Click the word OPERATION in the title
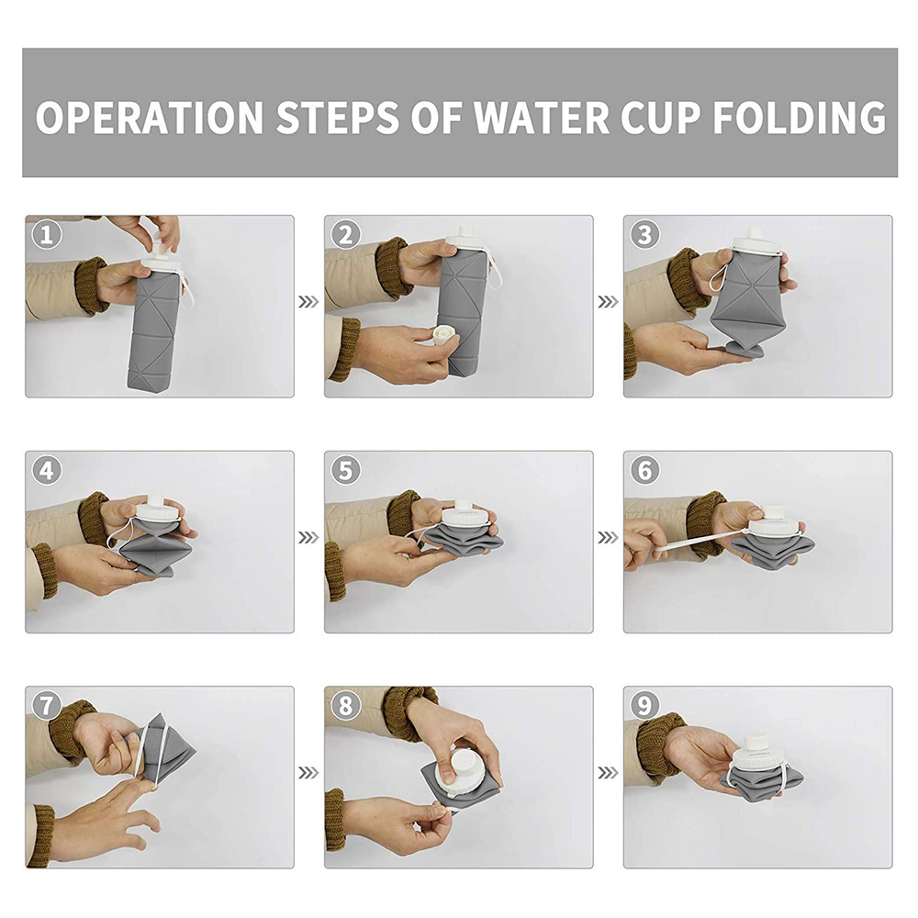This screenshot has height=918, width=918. [150, 118]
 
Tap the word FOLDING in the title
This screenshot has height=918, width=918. [800, 118]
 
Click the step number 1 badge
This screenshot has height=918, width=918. [46, 235]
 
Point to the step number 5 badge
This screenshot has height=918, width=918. [345, 470]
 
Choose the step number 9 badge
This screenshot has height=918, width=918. [644, 705]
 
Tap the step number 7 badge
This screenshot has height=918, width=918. [46, 705]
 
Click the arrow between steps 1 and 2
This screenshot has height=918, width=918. [308, 301]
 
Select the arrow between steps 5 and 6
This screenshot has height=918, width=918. [608, 537]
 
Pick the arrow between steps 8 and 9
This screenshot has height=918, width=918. [608, 773]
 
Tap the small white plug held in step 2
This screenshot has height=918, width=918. [444, 336]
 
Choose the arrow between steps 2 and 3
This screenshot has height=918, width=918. [608, 301]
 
